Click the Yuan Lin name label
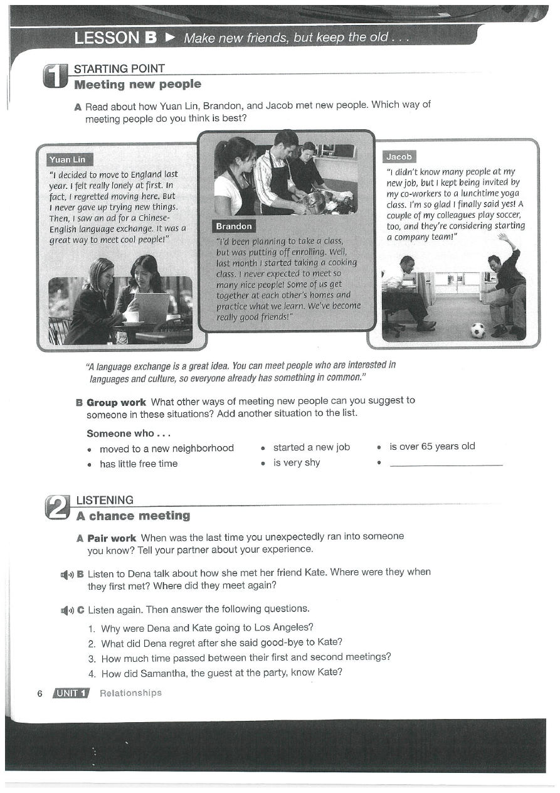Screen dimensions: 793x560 click(68, 159)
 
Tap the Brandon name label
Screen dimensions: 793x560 click(233, 226)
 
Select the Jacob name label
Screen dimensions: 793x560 click(399, 157)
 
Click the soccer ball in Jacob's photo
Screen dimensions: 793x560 click(478, 330)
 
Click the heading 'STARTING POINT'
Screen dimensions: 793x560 click(119, 68)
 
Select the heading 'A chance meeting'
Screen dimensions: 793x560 click(133, 516)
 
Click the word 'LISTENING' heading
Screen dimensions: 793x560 click(104, 500)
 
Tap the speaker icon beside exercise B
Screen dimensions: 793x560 click(66, 574)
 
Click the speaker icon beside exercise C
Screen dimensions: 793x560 click(66, 609)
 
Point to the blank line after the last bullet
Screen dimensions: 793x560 click(446, 465)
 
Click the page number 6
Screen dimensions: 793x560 click(40, 693)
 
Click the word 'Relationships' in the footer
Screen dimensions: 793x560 click(130, 693)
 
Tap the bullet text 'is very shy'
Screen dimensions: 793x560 click(297, 463)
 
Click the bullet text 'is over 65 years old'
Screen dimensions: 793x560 click(432, 447)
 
